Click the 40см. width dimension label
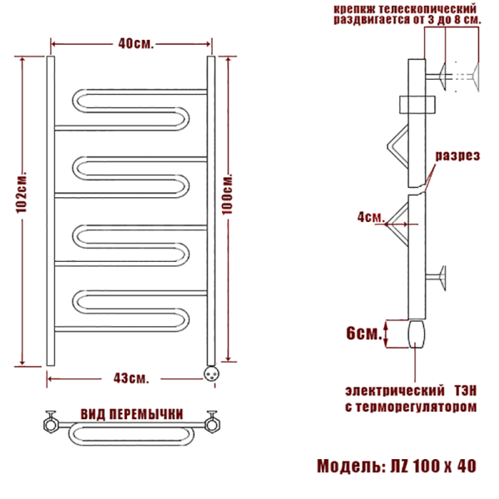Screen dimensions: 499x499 [x=132, y=43]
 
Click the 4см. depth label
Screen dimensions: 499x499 [x=369, y=217]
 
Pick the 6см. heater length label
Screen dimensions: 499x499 [x=365, y=333]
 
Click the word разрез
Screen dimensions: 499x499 [x=457, y=156]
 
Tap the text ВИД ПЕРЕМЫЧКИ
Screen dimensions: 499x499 [x=131, y=414]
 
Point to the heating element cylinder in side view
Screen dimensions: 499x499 [x=417, y=336]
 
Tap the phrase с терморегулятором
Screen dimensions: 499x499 [x=410, y=408]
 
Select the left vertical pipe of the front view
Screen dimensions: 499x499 [x=52, y=212]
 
